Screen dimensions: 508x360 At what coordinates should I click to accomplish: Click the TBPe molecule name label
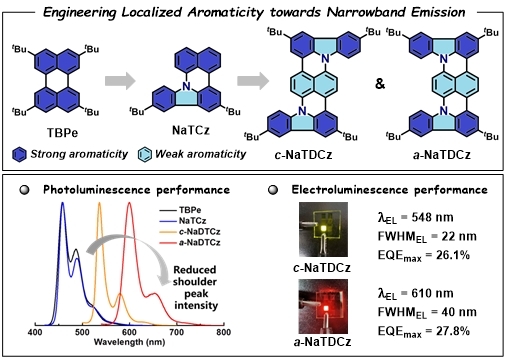62,133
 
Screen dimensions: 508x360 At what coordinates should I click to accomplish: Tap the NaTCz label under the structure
191,130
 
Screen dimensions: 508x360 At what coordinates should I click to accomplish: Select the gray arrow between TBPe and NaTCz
120,81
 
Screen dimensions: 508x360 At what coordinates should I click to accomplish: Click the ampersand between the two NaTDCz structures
380,83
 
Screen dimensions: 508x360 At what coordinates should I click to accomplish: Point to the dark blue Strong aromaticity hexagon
19,155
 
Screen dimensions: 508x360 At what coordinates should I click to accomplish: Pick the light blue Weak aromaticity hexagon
145,155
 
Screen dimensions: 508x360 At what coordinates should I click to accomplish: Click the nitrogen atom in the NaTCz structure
186,86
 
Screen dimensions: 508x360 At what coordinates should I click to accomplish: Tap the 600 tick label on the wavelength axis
129,332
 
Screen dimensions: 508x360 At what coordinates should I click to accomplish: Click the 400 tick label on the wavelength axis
35,332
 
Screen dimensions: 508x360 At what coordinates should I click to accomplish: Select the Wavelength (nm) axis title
129,342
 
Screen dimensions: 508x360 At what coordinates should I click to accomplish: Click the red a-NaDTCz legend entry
190,242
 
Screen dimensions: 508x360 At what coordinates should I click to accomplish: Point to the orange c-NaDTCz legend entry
190,231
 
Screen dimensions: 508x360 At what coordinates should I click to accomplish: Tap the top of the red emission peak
129,203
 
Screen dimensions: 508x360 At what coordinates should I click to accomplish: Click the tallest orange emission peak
99,203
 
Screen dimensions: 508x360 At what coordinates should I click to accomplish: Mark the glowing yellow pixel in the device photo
323,228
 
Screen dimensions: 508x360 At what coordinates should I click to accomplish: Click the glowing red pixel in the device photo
326,308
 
